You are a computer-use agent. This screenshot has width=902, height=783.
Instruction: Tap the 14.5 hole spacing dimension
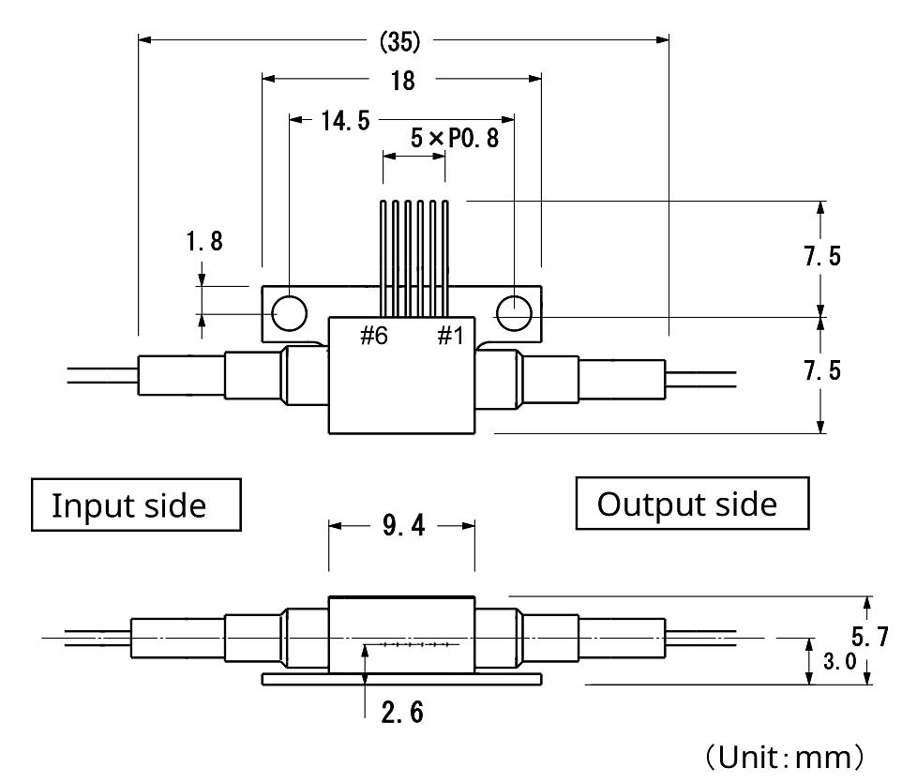coord(345,121)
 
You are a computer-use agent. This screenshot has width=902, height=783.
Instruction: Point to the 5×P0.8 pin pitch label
coord(454,140)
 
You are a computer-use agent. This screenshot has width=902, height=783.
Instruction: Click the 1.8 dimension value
coord(203,242)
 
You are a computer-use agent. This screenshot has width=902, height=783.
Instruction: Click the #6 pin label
coord(374,336)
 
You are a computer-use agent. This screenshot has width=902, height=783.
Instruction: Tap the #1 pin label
coord(450,336)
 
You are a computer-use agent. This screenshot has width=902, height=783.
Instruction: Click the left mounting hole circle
coord(289,312)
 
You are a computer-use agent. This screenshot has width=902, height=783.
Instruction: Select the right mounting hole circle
coord(514,312)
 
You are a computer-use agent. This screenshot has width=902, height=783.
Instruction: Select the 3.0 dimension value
coord(838,661)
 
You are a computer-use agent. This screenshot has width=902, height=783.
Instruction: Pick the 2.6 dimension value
coord(401,713)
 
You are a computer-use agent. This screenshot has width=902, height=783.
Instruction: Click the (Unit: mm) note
coord(782,756)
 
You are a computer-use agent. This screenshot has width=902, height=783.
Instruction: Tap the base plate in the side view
coord(401,678)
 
